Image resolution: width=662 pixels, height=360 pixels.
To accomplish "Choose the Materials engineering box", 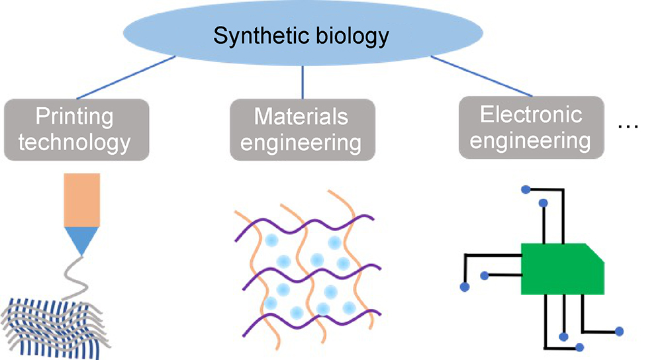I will click(x=301, y=128).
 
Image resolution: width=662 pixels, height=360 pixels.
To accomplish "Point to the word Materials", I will click(x=301, y=117).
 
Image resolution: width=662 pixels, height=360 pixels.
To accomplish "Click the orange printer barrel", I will click(x=83, y=198).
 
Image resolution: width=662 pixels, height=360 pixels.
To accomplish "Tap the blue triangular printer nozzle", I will click(x=83, y=239).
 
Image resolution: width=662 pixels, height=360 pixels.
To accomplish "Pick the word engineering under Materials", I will click(x=301, y=142).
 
